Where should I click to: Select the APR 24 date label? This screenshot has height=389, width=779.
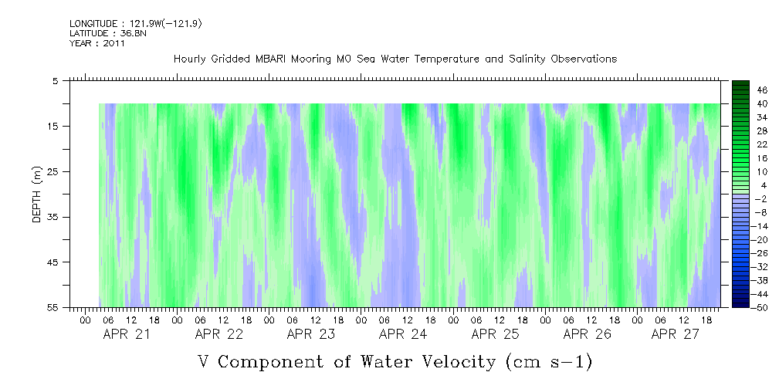[x=402, y=334]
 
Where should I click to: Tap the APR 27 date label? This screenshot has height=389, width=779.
[x=675, y=334]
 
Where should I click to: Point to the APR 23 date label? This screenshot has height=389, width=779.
[x=310, y=334]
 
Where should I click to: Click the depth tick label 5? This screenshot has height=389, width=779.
[x=56, y=81]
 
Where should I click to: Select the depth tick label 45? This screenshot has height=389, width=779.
[x=53, y=262]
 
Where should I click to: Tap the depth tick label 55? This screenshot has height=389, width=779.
[x=53, y=307]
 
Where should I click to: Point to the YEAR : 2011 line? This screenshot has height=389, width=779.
[x=97, y=43]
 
